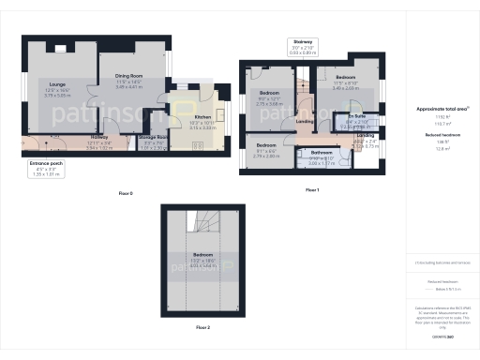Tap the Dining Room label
click(128, 80)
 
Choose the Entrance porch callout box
click(46, 169)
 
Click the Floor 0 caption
click(126, 193)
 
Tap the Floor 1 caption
click(312, 190)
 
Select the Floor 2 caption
click(203, 328)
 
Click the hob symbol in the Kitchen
click(199, 145)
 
